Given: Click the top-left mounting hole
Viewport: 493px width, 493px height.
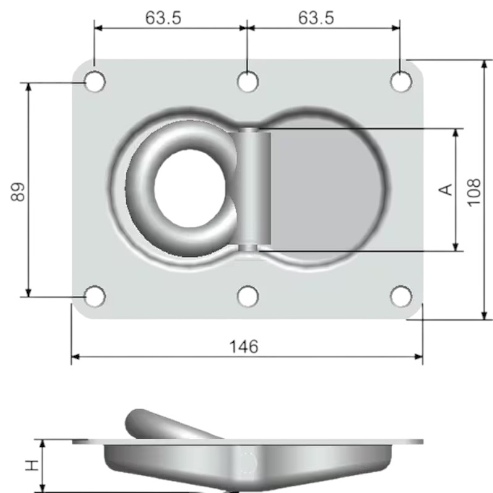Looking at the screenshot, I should [x=95, y=81].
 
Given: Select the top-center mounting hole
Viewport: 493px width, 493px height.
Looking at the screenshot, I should [x=248, y=81].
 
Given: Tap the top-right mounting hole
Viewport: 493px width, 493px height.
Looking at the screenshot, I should [x=401, y=81].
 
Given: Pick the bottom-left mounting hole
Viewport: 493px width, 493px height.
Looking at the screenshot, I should [x=94, y=296].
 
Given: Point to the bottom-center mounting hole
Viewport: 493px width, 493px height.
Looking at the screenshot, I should [x=248, y=296].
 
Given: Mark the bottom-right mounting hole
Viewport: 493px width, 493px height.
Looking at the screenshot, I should [x=401, y=296].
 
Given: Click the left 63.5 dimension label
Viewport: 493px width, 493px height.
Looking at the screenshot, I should [x=163, y=18].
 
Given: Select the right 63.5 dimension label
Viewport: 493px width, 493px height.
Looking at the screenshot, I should [x=316, y=18].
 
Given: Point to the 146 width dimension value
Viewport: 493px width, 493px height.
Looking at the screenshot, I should [x=244, y=347].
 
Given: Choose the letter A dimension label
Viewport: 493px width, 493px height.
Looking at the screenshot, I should [x=446, y=190].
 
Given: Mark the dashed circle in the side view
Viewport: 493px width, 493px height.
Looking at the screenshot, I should [x=248, y=462].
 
